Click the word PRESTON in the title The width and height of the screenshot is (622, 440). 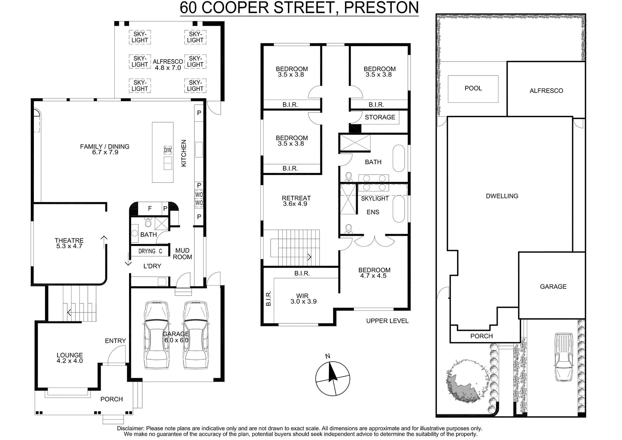click(381, 7)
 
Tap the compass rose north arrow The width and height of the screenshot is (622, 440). click(332, 372)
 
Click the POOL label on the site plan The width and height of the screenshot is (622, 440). click(473, 88)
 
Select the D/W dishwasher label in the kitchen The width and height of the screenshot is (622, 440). click(168, 151)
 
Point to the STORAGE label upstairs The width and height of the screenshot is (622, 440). click(380, 117)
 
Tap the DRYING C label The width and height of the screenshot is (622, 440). click(150, 251)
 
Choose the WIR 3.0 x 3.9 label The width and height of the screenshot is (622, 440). click(303, 298)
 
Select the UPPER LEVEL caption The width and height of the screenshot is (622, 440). click(387, 321)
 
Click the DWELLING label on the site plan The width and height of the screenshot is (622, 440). click(502, 196)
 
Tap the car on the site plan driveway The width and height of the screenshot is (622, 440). click(564, 357)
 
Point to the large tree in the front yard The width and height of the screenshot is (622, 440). click(466, 380)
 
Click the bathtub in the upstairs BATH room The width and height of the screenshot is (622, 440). click(399, 158)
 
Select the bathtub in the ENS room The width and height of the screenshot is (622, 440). click(399, 209)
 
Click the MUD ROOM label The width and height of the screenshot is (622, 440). click(182, 254)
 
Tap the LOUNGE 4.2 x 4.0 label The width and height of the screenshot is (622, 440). click(70, 358)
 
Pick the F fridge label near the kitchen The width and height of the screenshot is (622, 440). click(150, 209)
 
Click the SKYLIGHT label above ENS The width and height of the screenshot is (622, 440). click(375, 199)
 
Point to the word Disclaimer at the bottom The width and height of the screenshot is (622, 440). click(130, 429)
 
